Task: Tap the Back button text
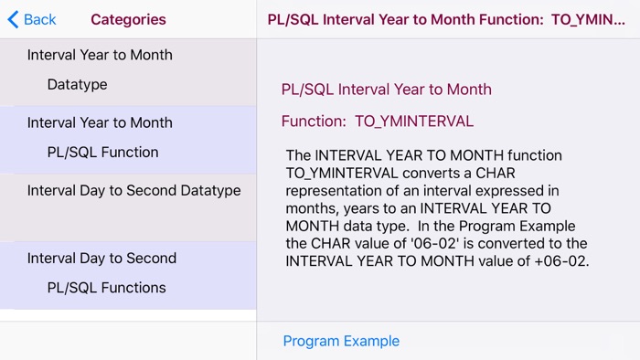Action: [39, 19]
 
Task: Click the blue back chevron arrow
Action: [13, 19]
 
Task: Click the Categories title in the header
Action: [128, 19]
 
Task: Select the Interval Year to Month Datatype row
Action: [128, 70]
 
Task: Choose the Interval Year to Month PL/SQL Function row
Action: [128, 138]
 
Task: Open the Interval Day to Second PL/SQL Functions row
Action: [128, 273]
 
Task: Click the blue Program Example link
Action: [341, 341]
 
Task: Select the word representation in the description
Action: [333, 191]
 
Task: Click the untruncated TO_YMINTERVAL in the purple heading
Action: [414, 121]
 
